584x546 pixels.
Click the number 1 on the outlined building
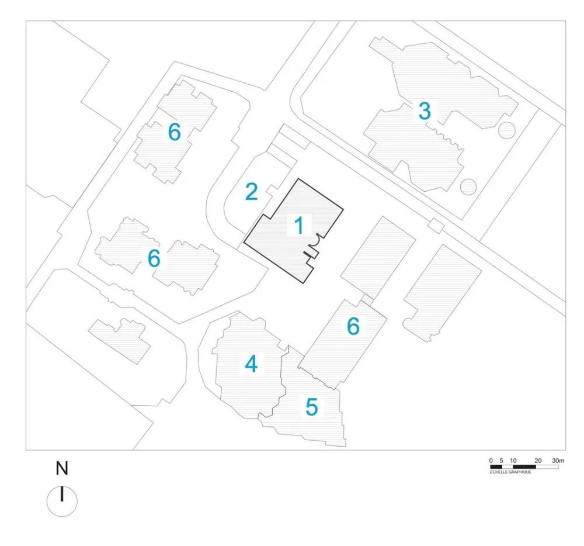click(298, 226)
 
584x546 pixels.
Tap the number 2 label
click(251, 192)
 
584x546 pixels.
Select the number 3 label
click(425, 110)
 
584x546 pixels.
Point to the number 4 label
click(251, 364)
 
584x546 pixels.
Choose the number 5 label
click(312, 407)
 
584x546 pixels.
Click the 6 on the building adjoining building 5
click(353, 327)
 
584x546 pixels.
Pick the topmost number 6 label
click(174, 133)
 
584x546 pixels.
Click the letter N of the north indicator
click(62, 468)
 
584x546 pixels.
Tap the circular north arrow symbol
click(62, 501)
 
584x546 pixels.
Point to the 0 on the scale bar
click(491, 461)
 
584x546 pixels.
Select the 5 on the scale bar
click(502, 461)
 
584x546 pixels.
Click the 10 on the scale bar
click(513, 461)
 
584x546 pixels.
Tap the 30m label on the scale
click(558, 461)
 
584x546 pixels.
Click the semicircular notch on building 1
click(315, 239)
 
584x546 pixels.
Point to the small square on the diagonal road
click(436, 225)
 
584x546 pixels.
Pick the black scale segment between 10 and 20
click(524, 467)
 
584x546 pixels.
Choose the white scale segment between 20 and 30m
click(547, 467)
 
